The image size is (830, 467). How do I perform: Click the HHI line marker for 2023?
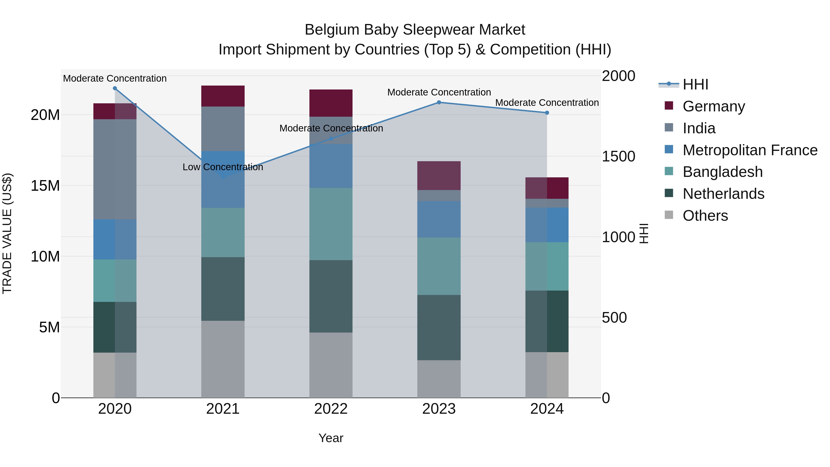(439, 102)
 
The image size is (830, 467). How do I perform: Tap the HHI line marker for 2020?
(115, 88)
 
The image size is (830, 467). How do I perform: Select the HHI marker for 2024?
(547, 113)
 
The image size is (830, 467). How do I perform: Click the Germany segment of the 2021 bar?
(223, 96)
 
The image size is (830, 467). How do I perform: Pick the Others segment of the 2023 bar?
(439, 379)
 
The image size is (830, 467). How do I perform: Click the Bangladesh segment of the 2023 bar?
(439, 266)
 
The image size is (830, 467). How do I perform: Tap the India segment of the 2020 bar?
(115, 169)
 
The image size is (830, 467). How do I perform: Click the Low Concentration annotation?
(223, 167)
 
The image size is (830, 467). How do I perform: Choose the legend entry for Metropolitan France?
(750, 150)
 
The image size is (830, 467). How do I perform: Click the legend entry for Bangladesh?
(722, 172)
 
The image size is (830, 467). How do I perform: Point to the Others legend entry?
(705, 216)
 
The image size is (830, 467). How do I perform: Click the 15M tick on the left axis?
(45, 186)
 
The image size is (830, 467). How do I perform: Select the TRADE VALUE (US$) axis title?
(7, 233)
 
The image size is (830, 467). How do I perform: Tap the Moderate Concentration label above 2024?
(547, 102)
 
